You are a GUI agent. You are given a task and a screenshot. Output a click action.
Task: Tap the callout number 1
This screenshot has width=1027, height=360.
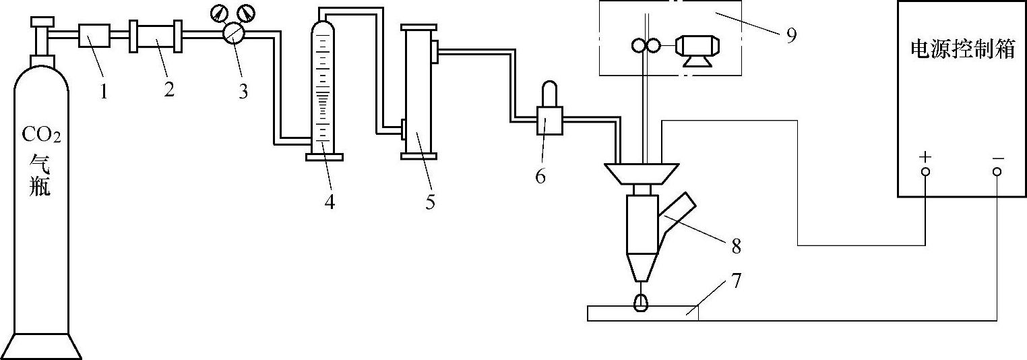coord(104,91)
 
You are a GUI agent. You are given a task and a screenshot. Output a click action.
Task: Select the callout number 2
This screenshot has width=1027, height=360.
coord(168,88)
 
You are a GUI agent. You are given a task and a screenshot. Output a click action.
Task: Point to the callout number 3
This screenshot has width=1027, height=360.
coord(243,91)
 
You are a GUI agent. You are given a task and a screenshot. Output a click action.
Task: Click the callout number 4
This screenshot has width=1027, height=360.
coord(329,201)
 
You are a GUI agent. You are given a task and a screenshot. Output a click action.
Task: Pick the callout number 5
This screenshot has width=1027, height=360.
coord(430,201)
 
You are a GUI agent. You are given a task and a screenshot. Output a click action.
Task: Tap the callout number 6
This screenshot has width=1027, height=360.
coord(540,176)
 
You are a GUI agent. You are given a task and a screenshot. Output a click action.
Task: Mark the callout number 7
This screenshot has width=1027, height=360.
coord(736,279)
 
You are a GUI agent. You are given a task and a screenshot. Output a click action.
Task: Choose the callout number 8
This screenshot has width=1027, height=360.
coord(736,246)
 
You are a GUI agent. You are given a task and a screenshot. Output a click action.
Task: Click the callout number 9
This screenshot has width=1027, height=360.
coord(790,35)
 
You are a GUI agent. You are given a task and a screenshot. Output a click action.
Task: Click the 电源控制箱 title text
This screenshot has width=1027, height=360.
coord(962,49)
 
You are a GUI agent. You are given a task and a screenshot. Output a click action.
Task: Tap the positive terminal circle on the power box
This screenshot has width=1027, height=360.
coord(925,171)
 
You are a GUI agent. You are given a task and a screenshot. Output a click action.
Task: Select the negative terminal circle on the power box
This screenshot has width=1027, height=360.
coord(997,171)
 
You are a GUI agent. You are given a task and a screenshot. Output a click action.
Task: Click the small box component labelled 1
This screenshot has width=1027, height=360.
coord(93,36)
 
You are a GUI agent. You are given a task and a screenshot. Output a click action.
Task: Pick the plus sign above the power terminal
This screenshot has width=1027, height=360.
coord(925,157)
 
